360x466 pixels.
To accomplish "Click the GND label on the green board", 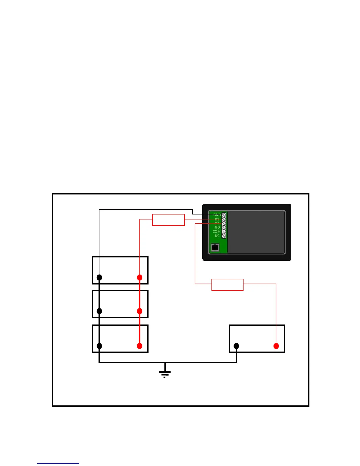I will (x=217, y=215).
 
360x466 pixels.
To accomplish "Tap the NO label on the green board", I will (x=217, y=227).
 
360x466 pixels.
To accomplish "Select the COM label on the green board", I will (x=216, y=232).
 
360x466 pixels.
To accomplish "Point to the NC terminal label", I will (x=217, y=236).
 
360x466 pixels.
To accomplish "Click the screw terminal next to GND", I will (x=224, y=215).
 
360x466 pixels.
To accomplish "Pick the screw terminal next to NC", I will (x=224, y=236).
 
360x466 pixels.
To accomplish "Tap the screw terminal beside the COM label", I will (x=224, y=232).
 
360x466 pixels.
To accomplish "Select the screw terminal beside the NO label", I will (x=224, y=228).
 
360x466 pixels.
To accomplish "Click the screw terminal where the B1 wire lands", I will (x=224, y=219).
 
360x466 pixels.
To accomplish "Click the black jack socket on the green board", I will (x=215, y=247).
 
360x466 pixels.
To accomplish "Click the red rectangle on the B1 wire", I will (x=169, y=220).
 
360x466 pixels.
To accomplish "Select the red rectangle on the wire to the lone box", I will (x=227, y=284).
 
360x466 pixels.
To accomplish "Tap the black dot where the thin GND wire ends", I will (x=99, y=277).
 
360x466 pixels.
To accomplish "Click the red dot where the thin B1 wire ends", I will (x=140, y=277).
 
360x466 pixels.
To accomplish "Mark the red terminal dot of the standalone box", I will (x=276, y=346).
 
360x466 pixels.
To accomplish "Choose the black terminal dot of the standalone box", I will (x=236, y=346).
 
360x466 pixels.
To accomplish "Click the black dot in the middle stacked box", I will (x=99, y=311).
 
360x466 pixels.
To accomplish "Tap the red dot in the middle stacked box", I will (x=140, y=311).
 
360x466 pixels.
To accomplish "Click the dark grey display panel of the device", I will (x=256, y=232).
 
